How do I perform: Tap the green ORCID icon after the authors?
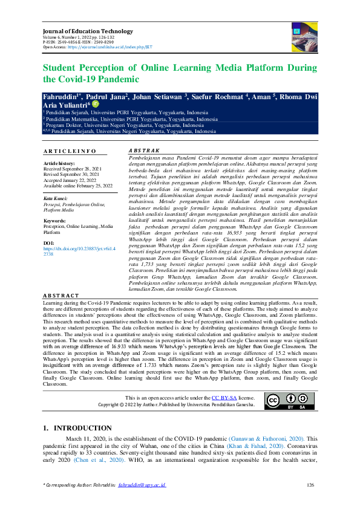(x=94, y=104)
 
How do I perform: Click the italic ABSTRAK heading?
(x=145, y=150)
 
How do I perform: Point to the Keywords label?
(x=55, y=221)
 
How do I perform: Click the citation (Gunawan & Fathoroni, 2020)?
(x=271, y=438)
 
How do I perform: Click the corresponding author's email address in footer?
(x=142, y=485)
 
